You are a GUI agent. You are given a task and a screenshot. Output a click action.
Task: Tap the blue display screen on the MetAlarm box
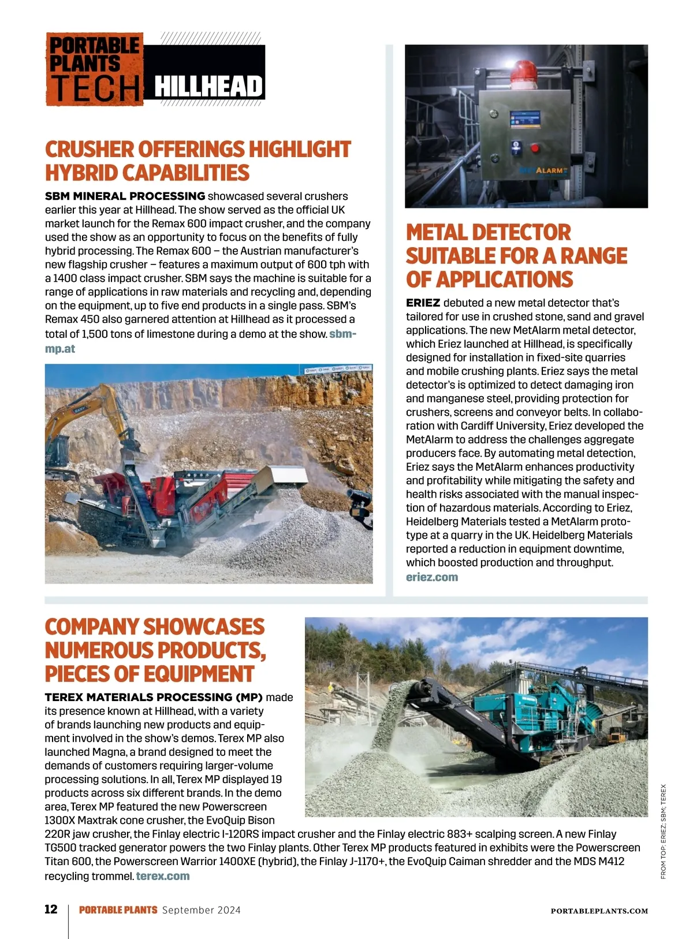click(525, 120)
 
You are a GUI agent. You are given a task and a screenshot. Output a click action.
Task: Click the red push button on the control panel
click(535, 148)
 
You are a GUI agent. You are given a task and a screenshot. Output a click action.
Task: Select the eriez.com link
click(432, 577)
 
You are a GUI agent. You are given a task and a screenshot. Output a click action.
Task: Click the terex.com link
click(163, 876)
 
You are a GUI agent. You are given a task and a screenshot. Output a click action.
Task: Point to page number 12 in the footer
click(51, 910)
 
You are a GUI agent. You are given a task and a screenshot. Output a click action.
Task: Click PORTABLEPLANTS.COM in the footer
click(599, 911)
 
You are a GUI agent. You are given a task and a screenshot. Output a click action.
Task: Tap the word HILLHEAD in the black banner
click(208, 87)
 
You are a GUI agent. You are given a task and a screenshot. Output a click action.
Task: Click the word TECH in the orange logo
click(95, 89)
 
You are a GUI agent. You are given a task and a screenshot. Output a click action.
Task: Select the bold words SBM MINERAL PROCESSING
click(125, 196)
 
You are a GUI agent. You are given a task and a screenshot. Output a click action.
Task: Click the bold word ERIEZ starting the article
click(423, 303)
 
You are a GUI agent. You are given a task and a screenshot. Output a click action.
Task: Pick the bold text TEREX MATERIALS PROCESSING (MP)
click(154, 697)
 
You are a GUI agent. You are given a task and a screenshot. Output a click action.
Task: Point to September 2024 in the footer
click(202, 910)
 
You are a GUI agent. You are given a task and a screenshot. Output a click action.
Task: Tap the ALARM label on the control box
click(550, 170)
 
